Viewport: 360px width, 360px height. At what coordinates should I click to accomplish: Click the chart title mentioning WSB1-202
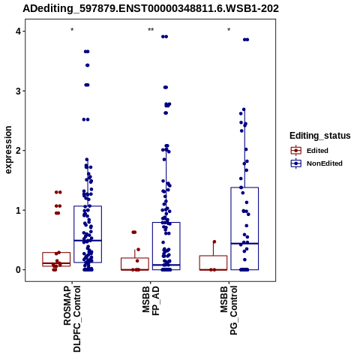pyautogui.click(x=151, y=9)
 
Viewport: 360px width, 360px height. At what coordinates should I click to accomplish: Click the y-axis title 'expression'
pyautogui.click(x=8, y=150)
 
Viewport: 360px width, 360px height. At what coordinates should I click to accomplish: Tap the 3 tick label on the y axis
pyautogui.click(x=18, y=91)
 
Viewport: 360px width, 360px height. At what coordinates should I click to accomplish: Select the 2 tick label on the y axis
pyautogui.click(x=18, y=151)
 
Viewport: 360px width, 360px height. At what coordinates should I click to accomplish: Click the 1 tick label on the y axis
pyautogui.click(x=18, y=210)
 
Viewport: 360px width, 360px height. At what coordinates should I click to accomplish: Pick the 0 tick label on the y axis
pyautogui.click(x=18, y=270)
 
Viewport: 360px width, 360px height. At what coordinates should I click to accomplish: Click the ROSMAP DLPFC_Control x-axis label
pyautogui.click(x=72, y=319)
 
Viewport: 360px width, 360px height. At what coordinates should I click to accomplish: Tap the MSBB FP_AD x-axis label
pyautogui.click(x=151, y=301)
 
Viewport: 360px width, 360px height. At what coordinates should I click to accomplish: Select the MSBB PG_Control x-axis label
pyautogui.click(x=229, y=310)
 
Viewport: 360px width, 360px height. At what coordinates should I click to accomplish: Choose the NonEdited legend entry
pyautogui.click(x=316, y=163)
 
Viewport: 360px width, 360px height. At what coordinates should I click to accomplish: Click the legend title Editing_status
pyautogui.click(x=320, y=136)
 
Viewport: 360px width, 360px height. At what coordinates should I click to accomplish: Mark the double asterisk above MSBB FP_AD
pyautogui.click(x=151, y=29)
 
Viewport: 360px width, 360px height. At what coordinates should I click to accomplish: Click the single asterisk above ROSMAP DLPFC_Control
pyautogui.click(x=72, y=29)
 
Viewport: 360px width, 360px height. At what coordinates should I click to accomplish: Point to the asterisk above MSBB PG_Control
pyautogui.click(x=229, y=29)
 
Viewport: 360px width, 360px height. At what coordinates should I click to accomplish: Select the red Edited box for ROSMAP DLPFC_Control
pyautogui.click(x=56, y=253)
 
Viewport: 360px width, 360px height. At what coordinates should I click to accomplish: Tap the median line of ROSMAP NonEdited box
pyautogui.click(x=88, y=241)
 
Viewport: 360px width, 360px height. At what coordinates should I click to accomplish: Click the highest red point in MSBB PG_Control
pyautogui.click(x=214, y=241)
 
